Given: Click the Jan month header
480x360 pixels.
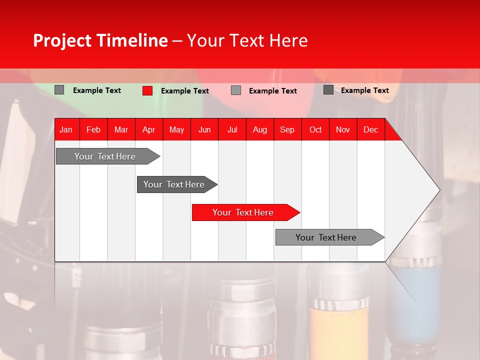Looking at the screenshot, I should pyautogui.click(x=66, y=129).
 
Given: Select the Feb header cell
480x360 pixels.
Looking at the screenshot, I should pyautogui.click(x=93, y=129).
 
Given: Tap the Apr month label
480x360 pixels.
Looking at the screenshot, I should pyautogui.click(x=149, y=129).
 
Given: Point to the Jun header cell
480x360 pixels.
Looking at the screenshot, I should pyautogui.click(x=204, y=129).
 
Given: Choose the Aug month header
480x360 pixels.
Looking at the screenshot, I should pyautogui.click(x=260, y=129).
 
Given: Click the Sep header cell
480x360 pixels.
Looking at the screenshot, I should pyautogui.click(x=287, y=129).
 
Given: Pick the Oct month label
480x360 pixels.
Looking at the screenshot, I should pyautogui.click(x=315, y=129).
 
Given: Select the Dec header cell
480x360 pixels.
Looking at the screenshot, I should pyautogui.click(x=371, y=129).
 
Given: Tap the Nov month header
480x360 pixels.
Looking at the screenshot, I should pyautogui.click(x=343, y=129).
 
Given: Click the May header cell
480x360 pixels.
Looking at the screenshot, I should pyautogui.click(x=176, y=129).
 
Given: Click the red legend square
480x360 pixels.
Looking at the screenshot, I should pyautogui.click(x=147, y=90).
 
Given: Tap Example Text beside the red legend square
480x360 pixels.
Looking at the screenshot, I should pyautogui.click(x=185, y=91).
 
